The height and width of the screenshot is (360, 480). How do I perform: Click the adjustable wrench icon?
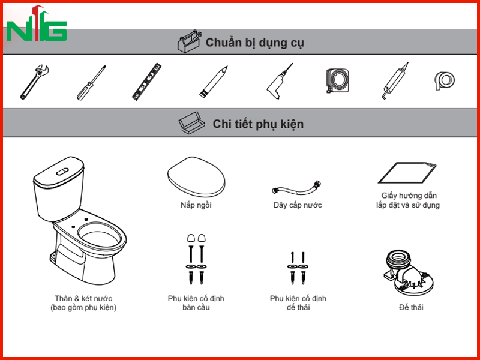click(x=34, y=82)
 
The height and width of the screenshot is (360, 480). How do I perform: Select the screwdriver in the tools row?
click(x=91, y=82)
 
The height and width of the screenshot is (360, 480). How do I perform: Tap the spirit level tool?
click(x=146, y=82)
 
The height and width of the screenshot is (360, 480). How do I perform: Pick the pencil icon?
click(x=214, y=82)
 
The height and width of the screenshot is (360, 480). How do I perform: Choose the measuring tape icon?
click(x=337, y=80)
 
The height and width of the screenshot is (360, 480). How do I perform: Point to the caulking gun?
click(x=394, y=81)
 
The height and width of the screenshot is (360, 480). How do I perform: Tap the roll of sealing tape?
click(x=445, y=80)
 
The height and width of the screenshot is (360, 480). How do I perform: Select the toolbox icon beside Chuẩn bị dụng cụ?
click(x=190, y=42)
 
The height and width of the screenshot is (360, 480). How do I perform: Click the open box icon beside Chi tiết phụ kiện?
click(x=190, y=123)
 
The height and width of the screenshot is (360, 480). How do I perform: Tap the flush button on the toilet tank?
click(x=62, y=172)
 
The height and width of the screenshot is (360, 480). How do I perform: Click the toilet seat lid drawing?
click(x=196, y=177)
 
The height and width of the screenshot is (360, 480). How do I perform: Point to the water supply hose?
click(x=297, y=188)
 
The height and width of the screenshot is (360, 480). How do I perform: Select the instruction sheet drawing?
click(x=407, y=173)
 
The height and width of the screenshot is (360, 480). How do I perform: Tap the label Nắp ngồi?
click(x=196, y=205)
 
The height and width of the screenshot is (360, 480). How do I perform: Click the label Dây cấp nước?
click(x=298, y=205)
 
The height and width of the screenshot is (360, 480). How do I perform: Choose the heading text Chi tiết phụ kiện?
click(x=258, y=124)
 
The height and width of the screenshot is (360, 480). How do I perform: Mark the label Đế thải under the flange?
click(x=411, y=307)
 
